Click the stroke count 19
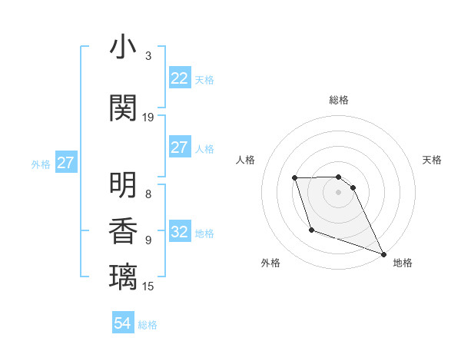[x=148, y=118]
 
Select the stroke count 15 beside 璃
[x=148, y=286]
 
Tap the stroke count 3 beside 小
[x=148, y=56]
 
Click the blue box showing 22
[x=179, y=78]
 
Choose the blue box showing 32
[x=179, y=232]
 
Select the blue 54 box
[x=122, y=323]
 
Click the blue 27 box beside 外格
[x=65, y=163]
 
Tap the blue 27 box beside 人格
[x=179, y=147]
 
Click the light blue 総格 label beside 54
[x=148, y=325]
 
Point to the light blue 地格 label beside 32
[x=204, y=233]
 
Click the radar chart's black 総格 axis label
[x=339, y=101]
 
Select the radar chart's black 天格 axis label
[x=432, y=160]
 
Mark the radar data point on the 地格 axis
[x=383, y=254]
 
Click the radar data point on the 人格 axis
[x=295, y=178]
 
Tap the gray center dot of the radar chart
[x=339, y=192]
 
